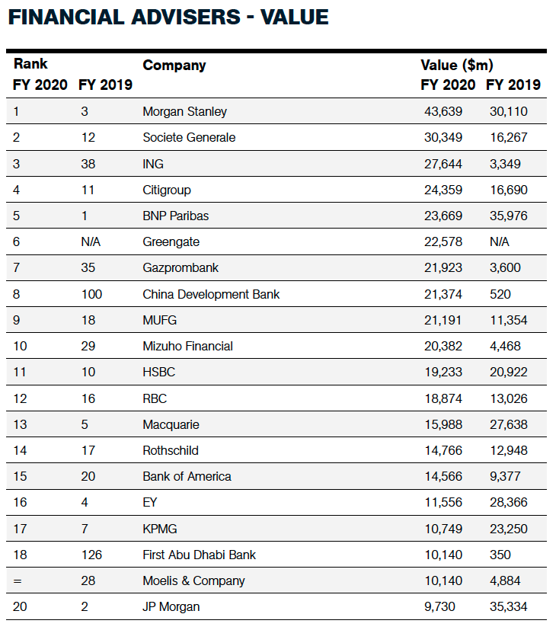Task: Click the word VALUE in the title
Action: click(x=295, y=18)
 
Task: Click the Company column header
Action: click(x=174, y=66)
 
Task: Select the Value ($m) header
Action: click(x=457, y=65)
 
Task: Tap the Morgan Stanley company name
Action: click(x=185, y=112)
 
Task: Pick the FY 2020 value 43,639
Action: click(x=443, y=112)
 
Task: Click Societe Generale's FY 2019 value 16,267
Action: click(x=509, y=138)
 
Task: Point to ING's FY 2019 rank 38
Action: click(x=88, y=164)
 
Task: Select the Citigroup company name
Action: click(x=167, y=190)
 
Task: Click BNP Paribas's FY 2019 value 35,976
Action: click(x=509, y=216)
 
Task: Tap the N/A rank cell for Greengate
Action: click(x=91, y=242)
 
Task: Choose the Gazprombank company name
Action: click(x=181, y=268)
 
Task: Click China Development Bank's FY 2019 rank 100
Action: click(x=91, y=295)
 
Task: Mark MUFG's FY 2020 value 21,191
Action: click(x=443, y=321)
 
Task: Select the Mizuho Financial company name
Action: click(x=187, y=347)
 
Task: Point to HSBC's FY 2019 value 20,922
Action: click(x=509, y=373)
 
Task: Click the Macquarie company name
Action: click(x=171, y=424)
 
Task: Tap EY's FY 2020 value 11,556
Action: click(x=443, y=503)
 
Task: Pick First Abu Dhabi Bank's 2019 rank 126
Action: click(x=91, y=555)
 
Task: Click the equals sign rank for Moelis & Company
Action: click(x=18, y=581)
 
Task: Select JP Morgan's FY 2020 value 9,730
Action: click(x=440, y=606)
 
